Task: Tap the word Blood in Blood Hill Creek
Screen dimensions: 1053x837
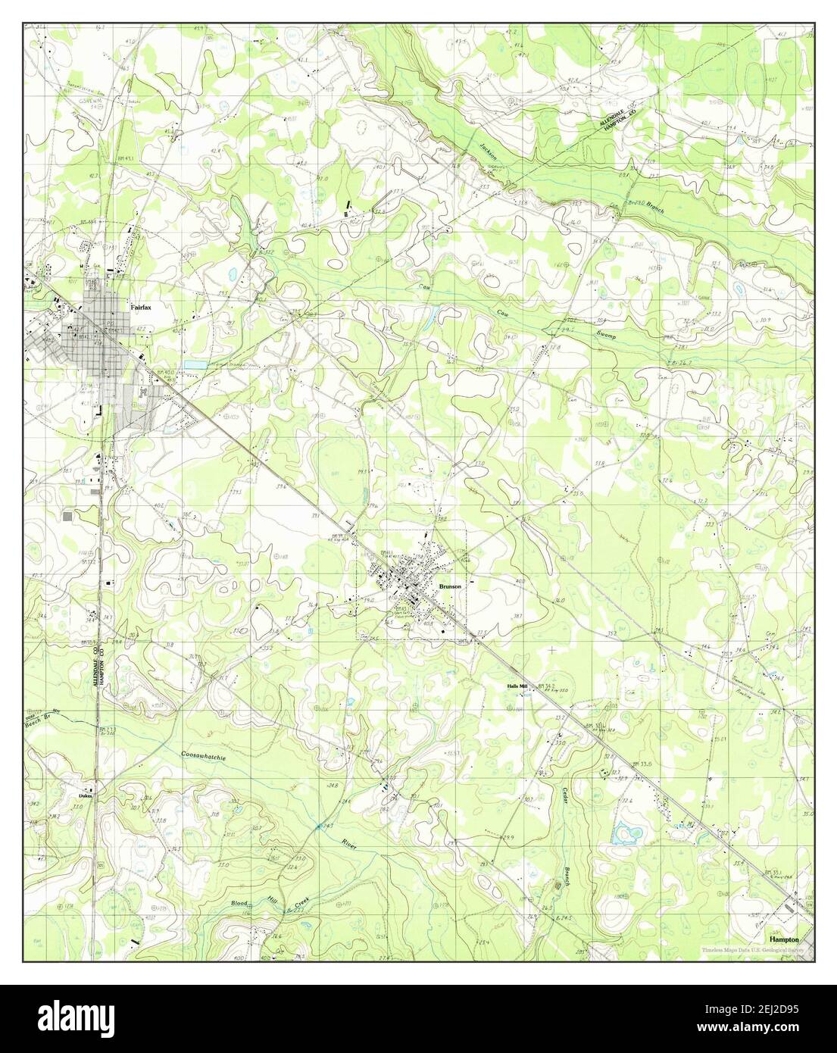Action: (x=240, y=904)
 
